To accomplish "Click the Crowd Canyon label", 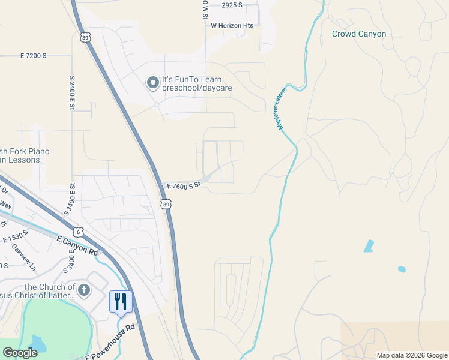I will click(x=359, y=34).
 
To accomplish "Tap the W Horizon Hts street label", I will click(x=232, y=25).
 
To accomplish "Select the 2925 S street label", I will click(x=231, y=5).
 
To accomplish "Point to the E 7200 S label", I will click(x=33, y=56).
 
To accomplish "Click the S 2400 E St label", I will click(x=71, y=92).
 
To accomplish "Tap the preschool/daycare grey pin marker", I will click(x=153, y=83).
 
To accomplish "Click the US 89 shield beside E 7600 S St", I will click(x=166, y=205).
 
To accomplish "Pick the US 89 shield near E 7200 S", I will click(x=85, y=37).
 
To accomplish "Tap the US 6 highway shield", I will click(x=78, y=232).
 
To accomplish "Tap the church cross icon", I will click(x=83, y=291).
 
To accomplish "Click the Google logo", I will click(x=19, y=353).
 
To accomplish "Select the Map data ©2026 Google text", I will click(x=412, y=355).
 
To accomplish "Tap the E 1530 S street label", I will click(x=16, y=236).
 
